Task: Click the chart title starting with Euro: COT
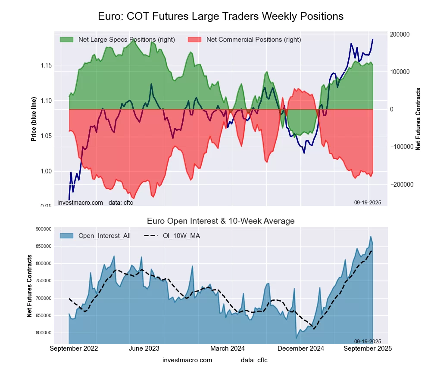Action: pos(221,16)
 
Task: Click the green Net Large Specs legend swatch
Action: pos(66,40)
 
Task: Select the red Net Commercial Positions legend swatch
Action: pos(195,40)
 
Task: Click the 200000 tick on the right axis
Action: pos(400,34)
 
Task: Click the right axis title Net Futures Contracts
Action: pos(418,119)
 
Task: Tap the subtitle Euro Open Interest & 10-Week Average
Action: pos(221,221)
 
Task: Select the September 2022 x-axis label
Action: pos(74,348)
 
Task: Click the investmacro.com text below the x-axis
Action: pos(187,360)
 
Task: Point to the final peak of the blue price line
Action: pos(373,40)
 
